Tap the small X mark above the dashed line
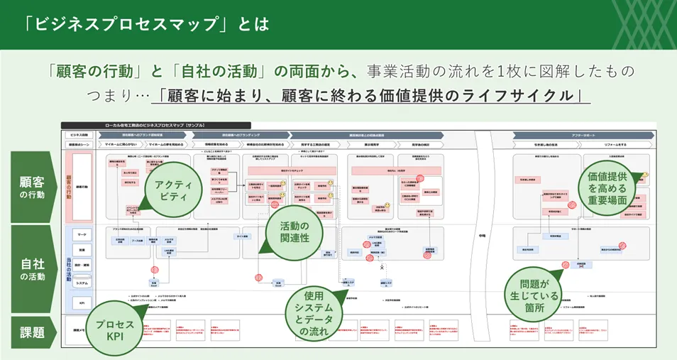point(382,268)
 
